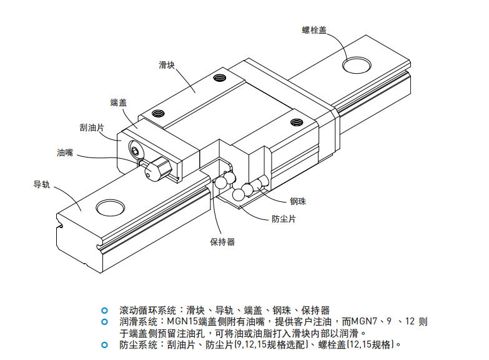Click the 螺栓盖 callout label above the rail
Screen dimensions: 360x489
314,29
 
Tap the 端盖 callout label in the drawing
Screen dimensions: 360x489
118,102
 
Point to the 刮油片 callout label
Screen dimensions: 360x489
92,127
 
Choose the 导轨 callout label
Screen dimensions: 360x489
41,184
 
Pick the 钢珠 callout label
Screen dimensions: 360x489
297,201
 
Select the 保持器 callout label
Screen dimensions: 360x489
222,242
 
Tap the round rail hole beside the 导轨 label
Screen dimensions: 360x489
108,207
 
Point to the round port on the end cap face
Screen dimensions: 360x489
136,150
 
